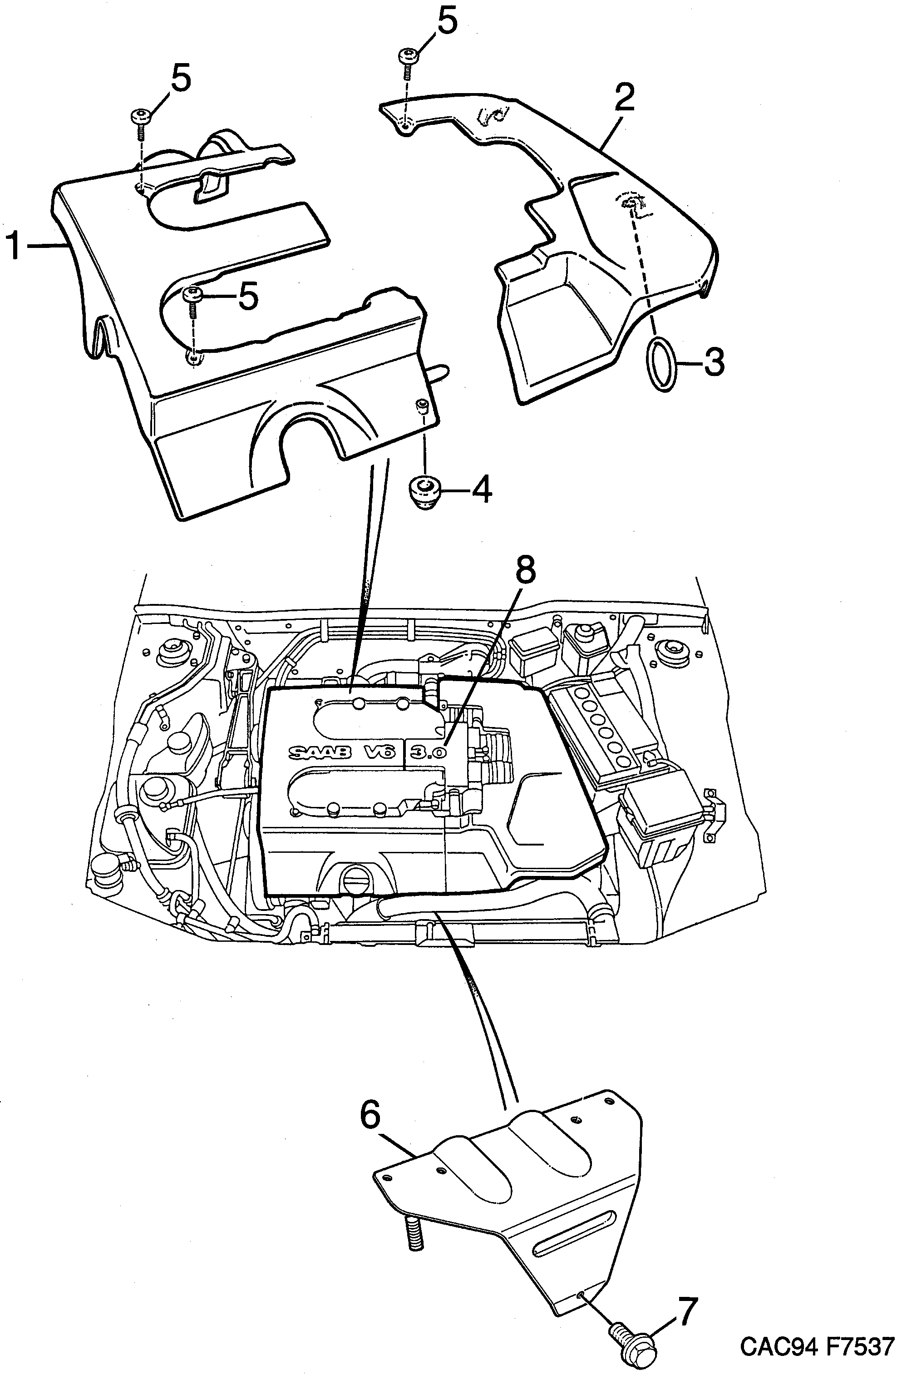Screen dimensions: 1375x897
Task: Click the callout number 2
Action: (x=624, y=98)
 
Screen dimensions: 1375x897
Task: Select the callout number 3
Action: (x=714, y=363)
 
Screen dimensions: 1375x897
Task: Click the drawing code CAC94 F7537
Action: (x=817, y=1347)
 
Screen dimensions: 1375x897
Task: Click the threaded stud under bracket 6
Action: (x=414, y=1235)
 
